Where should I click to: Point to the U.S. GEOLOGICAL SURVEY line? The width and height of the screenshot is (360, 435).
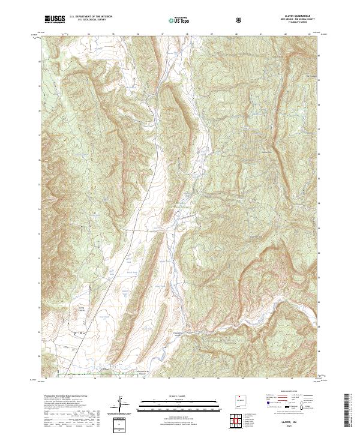(87, 21)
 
